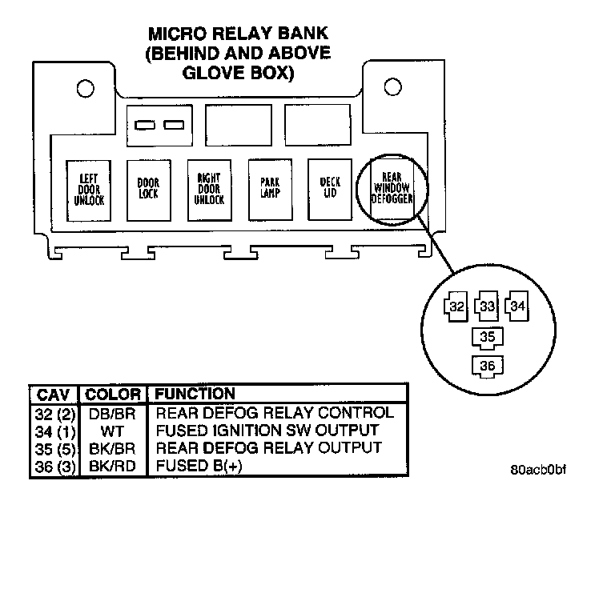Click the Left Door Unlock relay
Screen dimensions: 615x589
pos(89,190)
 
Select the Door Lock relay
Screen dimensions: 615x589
pos(149,190)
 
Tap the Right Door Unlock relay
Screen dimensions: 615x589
pos(210,190)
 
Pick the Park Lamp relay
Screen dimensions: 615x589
pos(270,190)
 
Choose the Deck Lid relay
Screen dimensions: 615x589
pos(330,190)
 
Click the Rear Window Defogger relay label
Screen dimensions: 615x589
pos(392,188)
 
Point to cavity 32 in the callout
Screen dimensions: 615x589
pos(456,307)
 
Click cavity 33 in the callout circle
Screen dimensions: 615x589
pos(487,306)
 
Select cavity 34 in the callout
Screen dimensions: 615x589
pos(517,306)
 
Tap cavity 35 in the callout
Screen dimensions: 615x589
pos(488,338)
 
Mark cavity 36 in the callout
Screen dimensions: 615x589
pos(488,367)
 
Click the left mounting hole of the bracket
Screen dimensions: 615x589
pos(86,89)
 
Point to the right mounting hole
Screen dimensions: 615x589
pos(392,86)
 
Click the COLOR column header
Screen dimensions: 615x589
pos(113,395)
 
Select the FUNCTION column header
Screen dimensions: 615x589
pos(195,394)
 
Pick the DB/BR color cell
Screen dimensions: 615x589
pos(112,414)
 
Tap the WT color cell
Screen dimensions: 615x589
pos(112,431)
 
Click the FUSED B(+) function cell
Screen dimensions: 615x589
pos(199,466)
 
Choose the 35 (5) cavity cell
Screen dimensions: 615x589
pos(55,450)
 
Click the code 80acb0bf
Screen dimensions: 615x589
pos(538,470)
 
